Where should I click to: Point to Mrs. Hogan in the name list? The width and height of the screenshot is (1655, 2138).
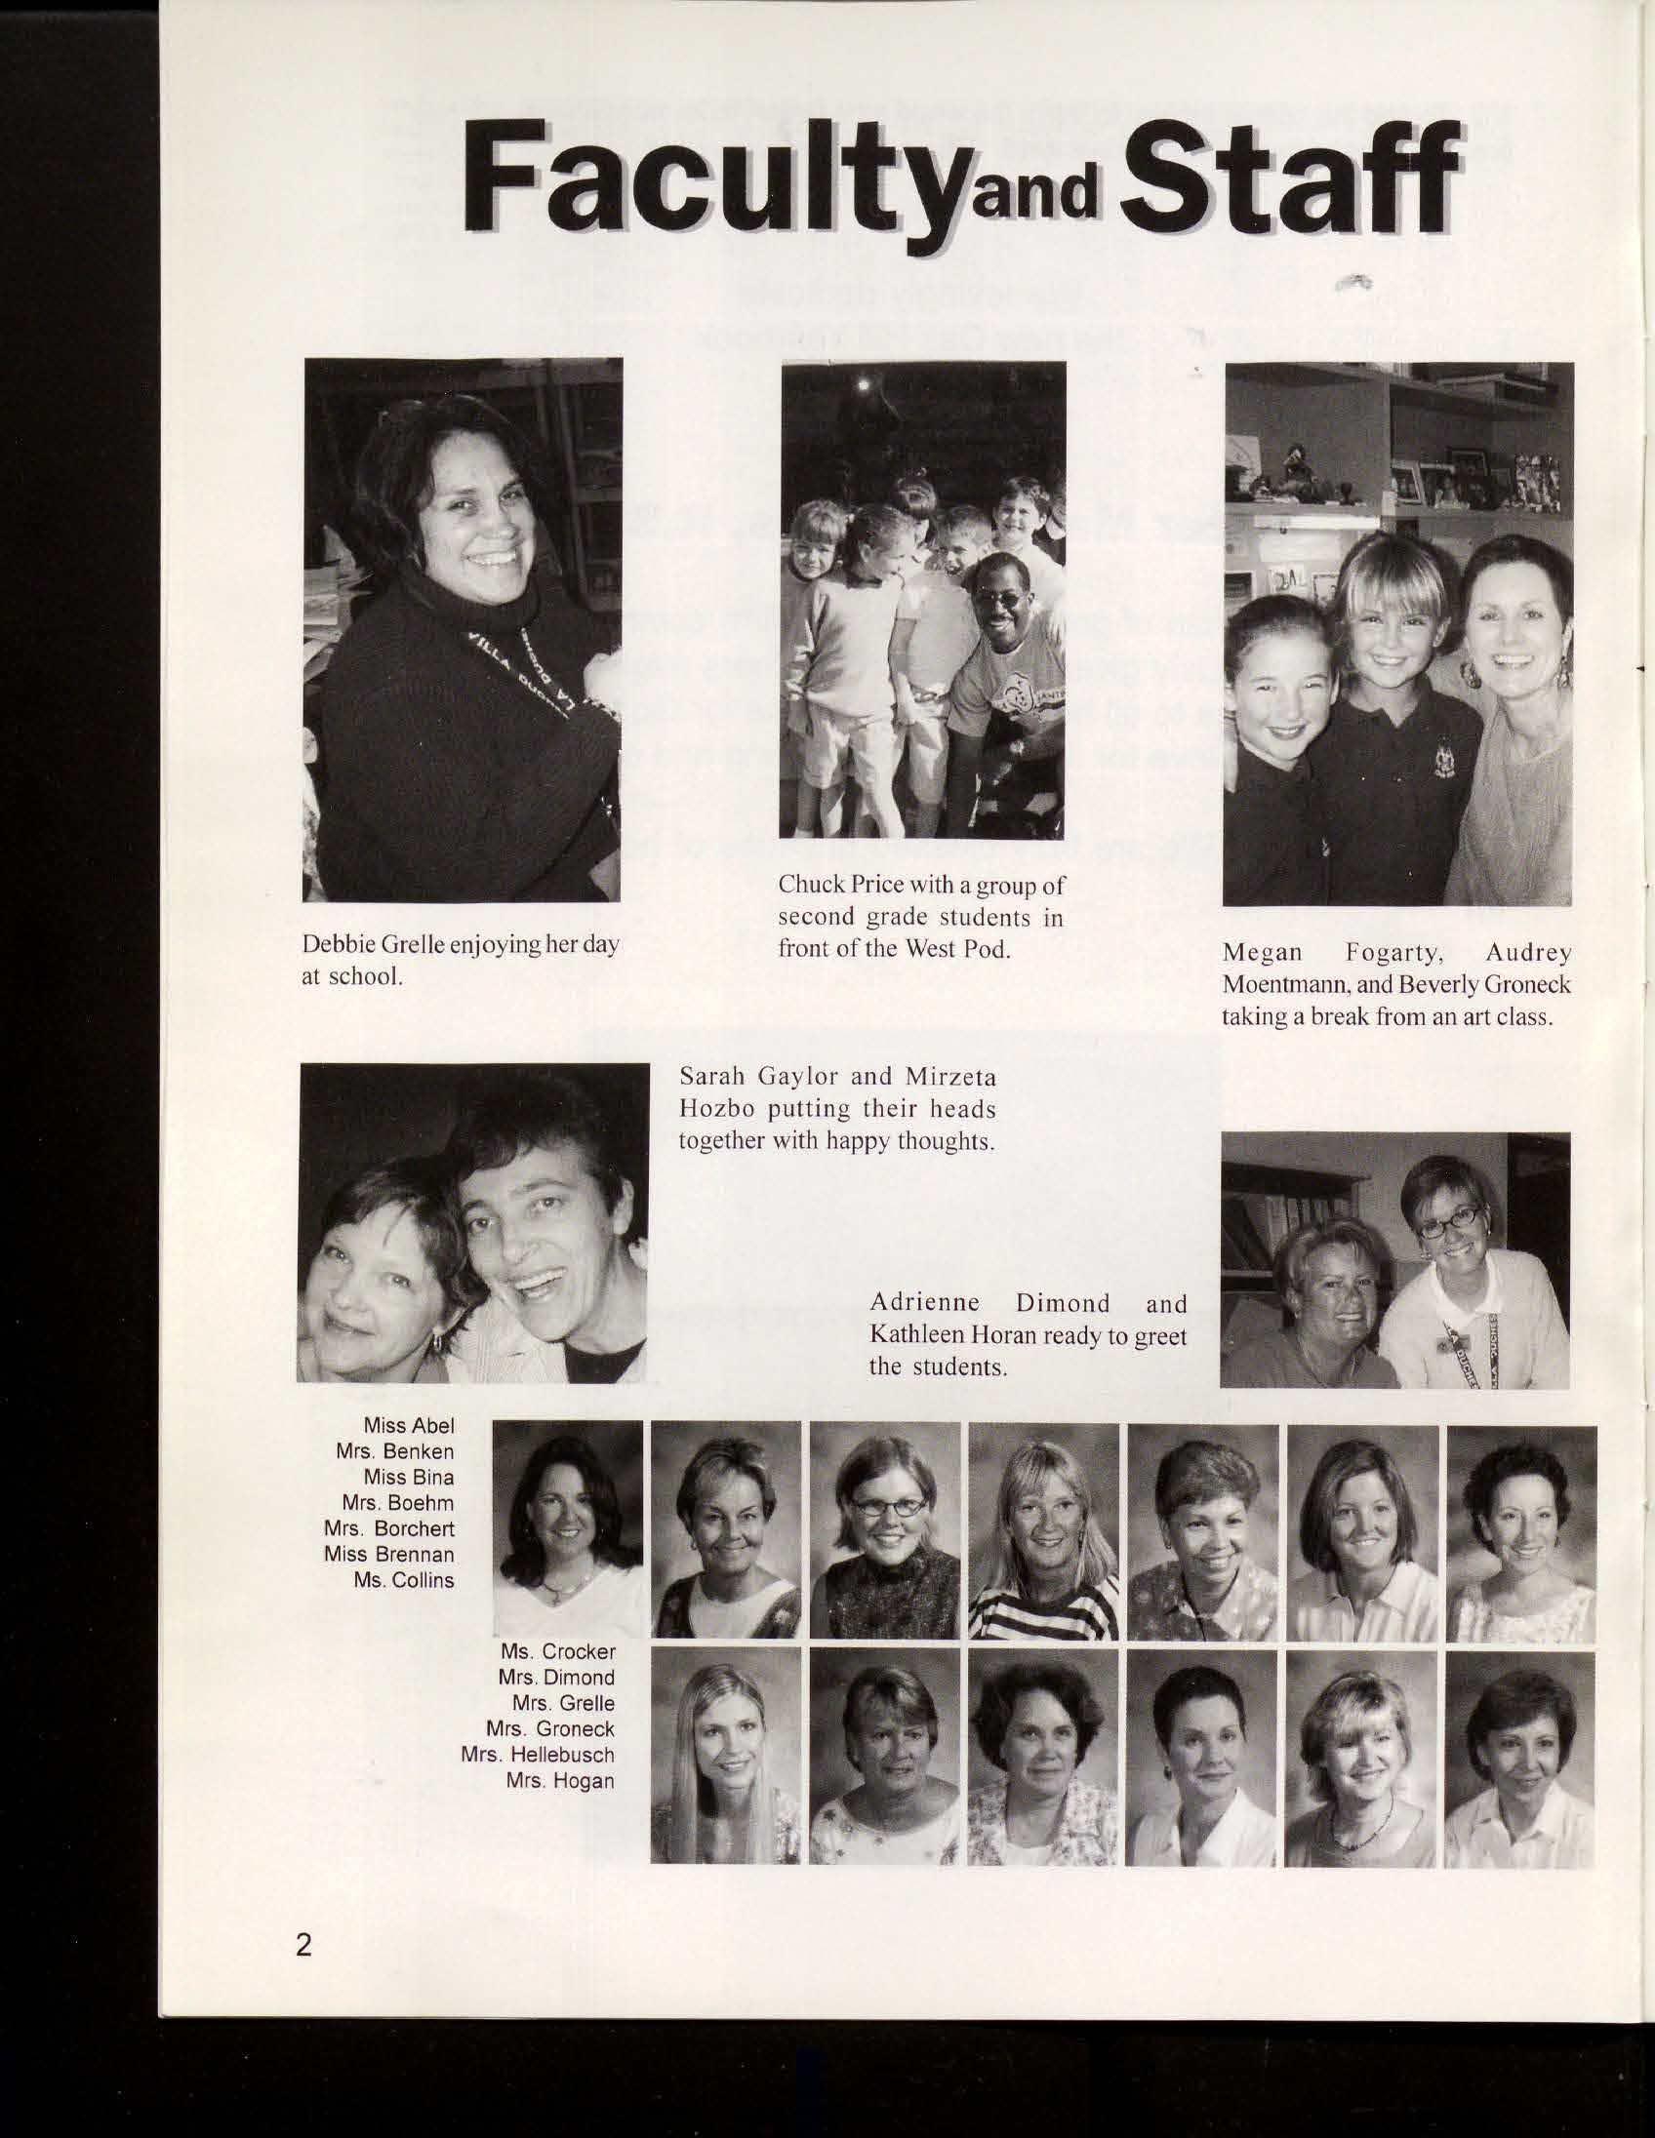(x=560, y=1781)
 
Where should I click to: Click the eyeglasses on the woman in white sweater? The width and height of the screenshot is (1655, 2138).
(x=1451, y=1220)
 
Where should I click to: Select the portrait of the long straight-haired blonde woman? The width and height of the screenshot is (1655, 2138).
(x=726, y=1755)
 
